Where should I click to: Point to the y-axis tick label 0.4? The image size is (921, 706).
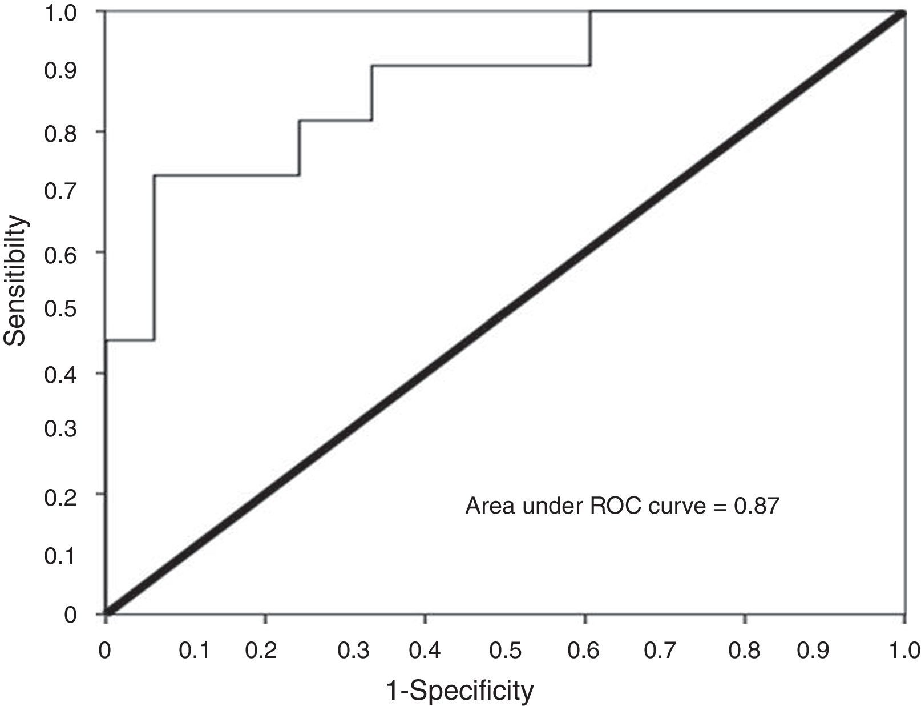point(60,374)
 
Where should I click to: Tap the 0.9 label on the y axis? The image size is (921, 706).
point(60,71)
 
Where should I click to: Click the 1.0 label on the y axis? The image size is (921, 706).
point(60,12)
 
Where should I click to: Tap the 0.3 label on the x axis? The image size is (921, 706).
point(354,651)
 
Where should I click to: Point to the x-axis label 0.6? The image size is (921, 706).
point(584,651)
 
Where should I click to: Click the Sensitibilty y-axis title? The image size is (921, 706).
point(15,280)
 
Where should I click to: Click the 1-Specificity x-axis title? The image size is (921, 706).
point(460,690)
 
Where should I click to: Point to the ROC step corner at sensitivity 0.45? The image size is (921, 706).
point(154,340)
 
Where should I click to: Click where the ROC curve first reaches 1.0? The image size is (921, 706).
point(591,12)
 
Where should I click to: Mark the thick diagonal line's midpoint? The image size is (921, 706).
point(505,313)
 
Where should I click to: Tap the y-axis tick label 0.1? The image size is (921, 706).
point(60,555)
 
